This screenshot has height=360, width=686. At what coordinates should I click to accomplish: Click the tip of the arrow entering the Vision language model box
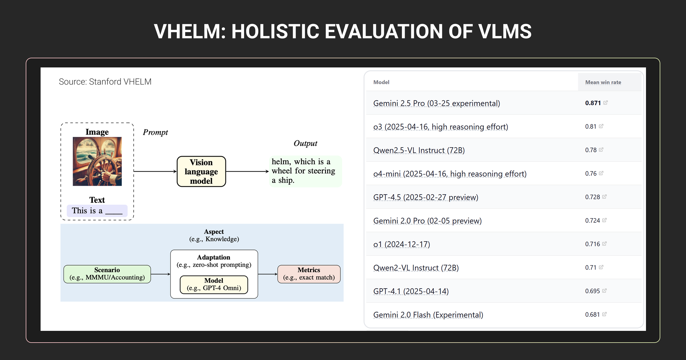(x=177, y=171)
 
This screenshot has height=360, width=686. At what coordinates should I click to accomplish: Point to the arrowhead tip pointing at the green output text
(x=269, y=171)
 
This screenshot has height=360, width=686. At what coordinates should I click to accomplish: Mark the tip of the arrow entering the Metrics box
(x=278, y=274)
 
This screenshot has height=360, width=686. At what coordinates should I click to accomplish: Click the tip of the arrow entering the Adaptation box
(x=170, y=274)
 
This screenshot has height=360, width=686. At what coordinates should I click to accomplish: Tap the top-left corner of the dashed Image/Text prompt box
(x=61, y=123)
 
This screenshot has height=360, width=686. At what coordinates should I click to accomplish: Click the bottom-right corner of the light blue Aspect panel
(x=343, y=301)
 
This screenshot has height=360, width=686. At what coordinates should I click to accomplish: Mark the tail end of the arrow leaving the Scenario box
(x=151, y=274)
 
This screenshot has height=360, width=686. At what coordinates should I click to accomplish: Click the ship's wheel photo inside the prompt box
(x=97, y=161)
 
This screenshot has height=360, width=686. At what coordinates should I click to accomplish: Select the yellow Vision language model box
(x=201, y=171)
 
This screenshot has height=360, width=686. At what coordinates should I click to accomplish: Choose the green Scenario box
(x=107, y=274)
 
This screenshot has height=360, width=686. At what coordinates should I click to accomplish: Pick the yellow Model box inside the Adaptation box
(x=214, y=285)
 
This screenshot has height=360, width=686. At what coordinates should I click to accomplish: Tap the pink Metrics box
(x=309, y=274)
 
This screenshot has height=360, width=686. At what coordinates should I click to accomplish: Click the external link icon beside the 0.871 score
(x=605, y=103)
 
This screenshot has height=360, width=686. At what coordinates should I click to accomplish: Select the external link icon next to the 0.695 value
(x=604, y=291)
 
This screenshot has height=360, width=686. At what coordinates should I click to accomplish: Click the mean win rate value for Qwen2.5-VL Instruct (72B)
(x=591, y=150)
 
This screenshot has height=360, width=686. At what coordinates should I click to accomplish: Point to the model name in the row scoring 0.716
(x=402, y=244)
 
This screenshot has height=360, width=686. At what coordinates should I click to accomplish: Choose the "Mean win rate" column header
(x=603, y=82)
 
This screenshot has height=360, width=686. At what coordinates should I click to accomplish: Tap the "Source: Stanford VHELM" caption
(x=105, y=82)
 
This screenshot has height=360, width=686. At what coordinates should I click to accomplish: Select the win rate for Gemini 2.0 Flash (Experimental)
(x=592, y=315)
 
